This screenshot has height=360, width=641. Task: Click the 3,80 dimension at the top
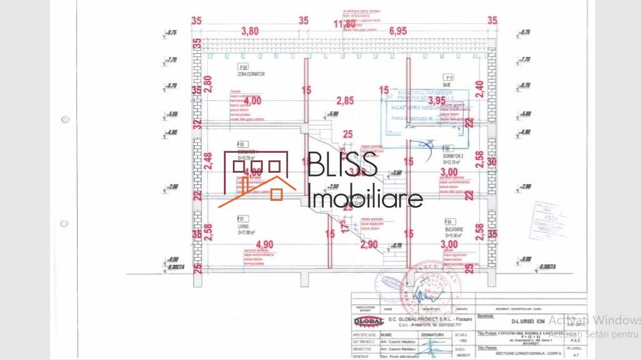(x=250, y=31)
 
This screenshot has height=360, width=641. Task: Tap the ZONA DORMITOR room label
(x=251, y=74)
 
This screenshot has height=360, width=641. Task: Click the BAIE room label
(x=446, y=83)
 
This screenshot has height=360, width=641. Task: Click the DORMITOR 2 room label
(x=455, y=155)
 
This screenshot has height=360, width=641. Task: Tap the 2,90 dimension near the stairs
(x=369, y=244)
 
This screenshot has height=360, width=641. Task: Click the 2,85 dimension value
(x=345, y=100)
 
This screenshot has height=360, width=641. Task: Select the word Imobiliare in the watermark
(x=366, y=198)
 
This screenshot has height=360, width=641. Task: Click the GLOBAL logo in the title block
(x=369, y=321)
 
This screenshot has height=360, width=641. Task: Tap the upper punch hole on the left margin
(x=64, y=119)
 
